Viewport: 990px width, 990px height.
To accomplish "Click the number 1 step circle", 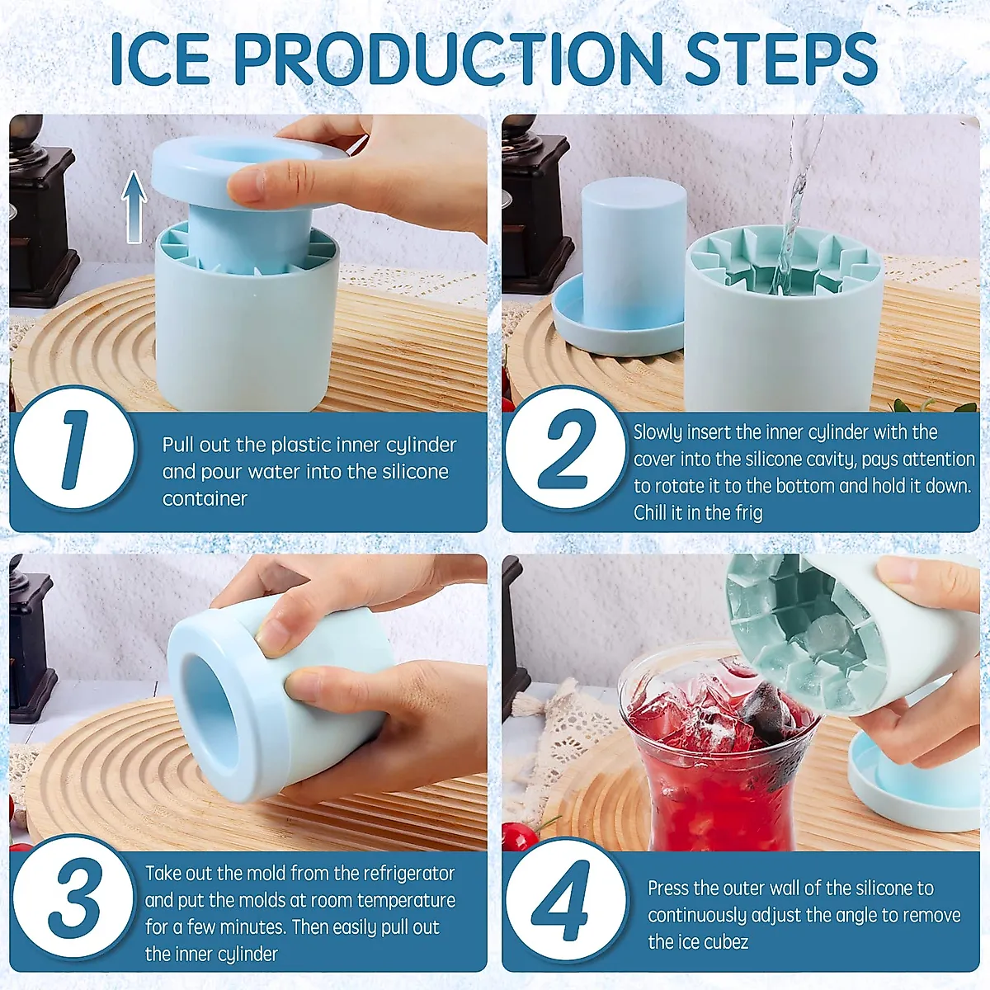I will pos(74,450).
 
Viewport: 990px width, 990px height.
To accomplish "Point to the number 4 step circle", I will pos(566,899).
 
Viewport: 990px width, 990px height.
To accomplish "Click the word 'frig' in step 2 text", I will pos(747,513).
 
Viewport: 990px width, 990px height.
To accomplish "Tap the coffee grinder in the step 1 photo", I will pos(37,214).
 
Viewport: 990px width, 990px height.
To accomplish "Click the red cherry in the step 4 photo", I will pos(520,837).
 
